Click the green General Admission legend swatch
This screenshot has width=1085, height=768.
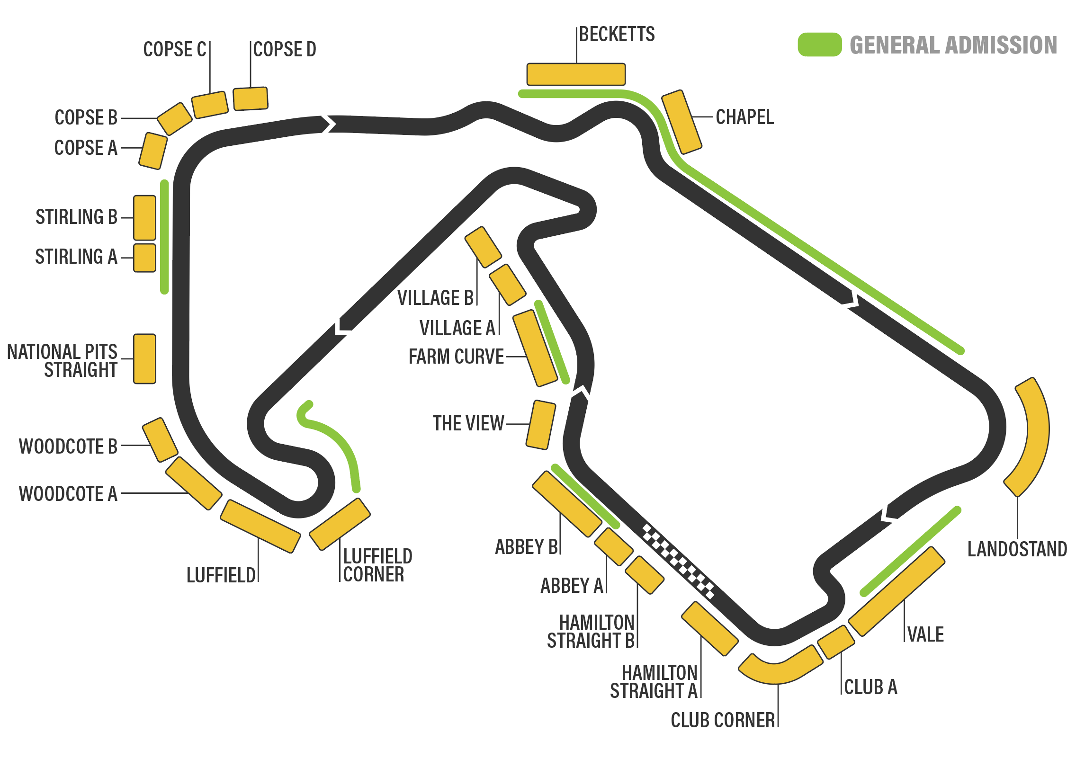pos(819,45)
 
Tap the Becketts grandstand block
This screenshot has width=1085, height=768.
pos(576,74)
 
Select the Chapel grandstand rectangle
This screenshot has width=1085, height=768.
pos(681,122)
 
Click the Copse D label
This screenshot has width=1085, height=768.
pos(285,49)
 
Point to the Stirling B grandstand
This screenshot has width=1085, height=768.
pos(144,218)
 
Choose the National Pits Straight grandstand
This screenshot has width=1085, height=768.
pos(144,358)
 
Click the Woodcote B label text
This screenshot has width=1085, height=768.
pos(68,447)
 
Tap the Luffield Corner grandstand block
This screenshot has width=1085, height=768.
pos(340,524)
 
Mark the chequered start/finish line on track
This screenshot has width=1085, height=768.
pos(678,561)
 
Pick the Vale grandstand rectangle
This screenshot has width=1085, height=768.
pos(897,591)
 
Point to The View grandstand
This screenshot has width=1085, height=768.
pos(540,425)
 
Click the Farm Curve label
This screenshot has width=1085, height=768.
pos(456,357)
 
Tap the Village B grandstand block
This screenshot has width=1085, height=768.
pos(483,247)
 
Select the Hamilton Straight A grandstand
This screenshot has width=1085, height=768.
pos(709,628)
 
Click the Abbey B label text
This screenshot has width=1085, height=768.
pos(526,547)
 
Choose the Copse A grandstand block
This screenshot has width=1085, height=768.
pos(153,151)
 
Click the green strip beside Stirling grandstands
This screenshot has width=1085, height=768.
pos(164,237)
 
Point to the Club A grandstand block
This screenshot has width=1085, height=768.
pos(836,642)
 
